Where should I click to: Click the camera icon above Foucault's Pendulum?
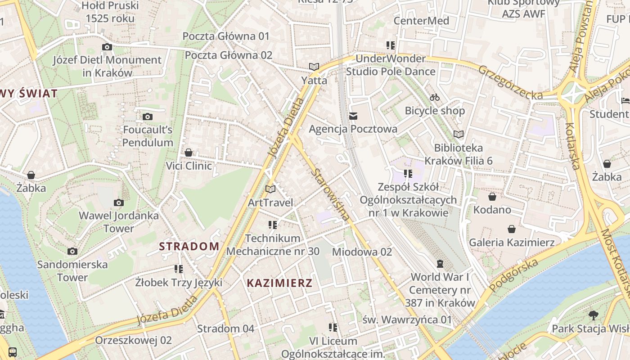click(147, 117)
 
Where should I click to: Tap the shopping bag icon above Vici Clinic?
click(189, 153)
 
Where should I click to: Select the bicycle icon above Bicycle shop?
click(434, 97)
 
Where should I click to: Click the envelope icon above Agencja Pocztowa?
click(353, 116)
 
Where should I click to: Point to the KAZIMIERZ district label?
click(279, 283)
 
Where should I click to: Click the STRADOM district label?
click(189, 246)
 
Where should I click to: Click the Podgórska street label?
click(513, 275)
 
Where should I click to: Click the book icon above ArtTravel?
click(270, 189)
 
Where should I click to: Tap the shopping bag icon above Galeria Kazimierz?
click(512, 229)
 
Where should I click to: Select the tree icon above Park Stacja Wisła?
click(593, 315)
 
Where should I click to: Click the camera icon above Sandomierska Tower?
click(72, 251)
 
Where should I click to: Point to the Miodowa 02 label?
click(362, 252)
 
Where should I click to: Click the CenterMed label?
click(421, 21)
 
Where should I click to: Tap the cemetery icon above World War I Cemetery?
click(440, 263)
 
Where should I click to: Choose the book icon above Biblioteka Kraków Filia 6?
click(458, 134)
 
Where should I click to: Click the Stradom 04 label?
click(225, 328)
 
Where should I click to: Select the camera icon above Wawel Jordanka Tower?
click(119, 202)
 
